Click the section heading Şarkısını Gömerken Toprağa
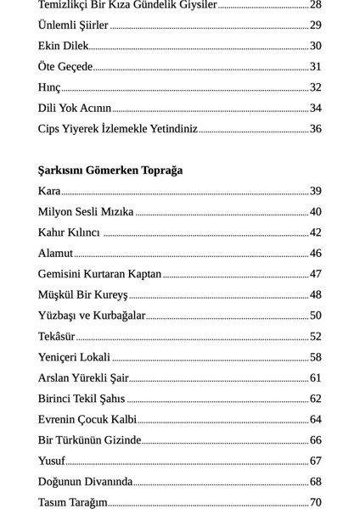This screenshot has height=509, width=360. coord(110,171)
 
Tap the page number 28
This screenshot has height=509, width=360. coord(315,5)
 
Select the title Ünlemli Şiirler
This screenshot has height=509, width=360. coord(73,25)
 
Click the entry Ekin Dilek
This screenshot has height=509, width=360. coord(63,46)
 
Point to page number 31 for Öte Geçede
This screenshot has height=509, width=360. coord(315,67)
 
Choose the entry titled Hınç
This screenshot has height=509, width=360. coord(49,87)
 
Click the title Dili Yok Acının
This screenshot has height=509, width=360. coord(75,109)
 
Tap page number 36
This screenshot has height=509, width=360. coord(315,129)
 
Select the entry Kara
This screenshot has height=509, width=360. coord(49,191)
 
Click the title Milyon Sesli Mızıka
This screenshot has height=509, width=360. coord(86,212)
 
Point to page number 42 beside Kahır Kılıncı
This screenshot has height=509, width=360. coord(315,232)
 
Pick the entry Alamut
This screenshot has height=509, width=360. coord(55,254)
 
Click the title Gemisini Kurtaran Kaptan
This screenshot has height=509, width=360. coord(99,274)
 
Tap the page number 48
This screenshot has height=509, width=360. coord(315,294)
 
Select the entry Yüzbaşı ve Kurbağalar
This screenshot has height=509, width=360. coord(92,316)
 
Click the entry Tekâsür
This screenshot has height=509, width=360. coord(57,337)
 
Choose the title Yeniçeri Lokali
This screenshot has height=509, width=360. coord(74,357)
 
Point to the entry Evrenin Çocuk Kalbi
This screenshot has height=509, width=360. coord(87,419)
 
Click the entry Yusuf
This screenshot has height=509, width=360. coord(51,461)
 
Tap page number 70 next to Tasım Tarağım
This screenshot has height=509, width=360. coord(315,502)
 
